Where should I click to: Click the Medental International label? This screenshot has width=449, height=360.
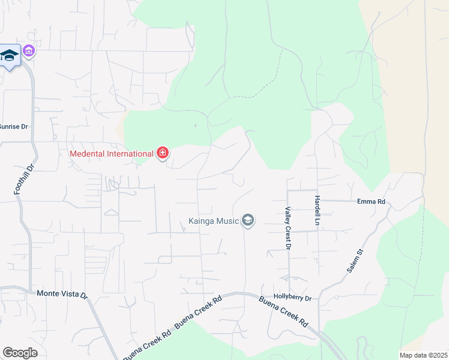point(112,154)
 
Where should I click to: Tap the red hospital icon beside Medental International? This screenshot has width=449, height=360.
point(161,154)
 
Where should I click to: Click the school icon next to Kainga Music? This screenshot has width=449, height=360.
point(248,221)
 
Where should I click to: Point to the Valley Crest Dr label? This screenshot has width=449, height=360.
point(288,228)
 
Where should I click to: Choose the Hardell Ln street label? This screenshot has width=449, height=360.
point(316,211)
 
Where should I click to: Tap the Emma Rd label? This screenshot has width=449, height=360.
point(370,202)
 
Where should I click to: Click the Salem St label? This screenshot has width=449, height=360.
point(356,261)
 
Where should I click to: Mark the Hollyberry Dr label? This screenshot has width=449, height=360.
point(292,298)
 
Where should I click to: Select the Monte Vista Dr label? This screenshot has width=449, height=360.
point(62,294)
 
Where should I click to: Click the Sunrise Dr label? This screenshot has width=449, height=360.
point(13,127)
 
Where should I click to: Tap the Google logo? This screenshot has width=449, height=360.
point(20,353)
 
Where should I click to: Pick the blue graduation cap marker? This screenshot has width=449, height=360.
point(9,56)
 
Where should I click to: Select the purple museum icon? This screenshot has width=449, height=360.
point(28,52)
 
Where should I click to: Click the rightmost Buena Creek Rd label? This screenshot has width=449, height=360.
point(284,312)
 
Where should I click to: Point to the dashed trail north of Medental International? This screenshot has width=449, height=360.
point(267,84)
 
